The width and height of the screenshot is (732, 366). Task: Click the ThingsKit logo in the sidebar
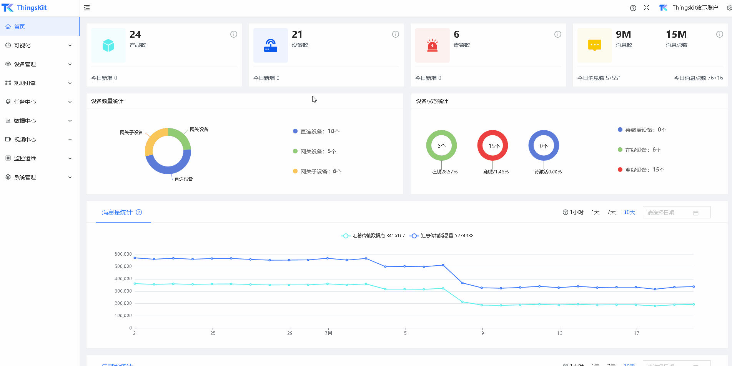(25, 8)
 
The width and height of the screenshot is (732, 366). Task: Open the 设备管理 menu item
(25, 64)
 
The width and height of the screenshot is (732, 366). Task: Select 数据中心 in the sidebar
(25, 121)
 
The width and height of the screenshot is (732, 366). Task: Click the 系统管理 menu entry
(25, 177)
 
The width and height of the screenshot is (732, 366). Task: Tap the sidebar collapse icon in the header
(87, 8)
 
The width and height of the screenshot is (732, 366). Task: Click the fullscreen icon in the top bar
(646, 8)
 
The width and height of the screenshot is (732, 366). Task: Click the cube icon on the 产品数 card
(108, 45)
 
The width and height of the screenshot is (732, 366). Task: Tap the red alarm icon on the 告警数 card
(433, 45)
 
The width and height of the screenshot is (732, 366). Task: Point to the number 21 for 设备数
(297, 34)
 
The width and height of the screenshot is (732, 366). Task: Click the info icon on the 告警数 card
(558, 34)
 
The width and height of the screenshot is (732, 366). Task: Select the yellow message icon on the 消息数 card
(594, 45)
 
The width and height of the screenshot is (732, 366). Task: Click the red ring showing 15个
(493, 145)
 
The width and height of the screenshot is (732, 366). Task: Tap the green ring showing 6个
(441, 145)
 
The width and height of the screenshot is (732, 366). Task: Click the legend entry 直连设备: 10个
(316, 131)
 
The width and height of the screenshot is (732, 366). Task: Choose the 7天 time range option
(611, 212)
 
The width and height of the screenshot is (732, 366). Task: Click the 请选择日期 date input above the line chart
(676, 213)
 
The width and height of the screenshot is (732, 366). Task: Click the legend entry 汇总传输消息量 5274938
(442, 236)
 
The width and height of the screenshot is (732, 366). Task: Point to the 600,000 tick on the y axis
(123, 254)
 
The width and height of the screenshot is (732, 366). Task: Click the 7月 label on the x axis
(328, 333)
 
